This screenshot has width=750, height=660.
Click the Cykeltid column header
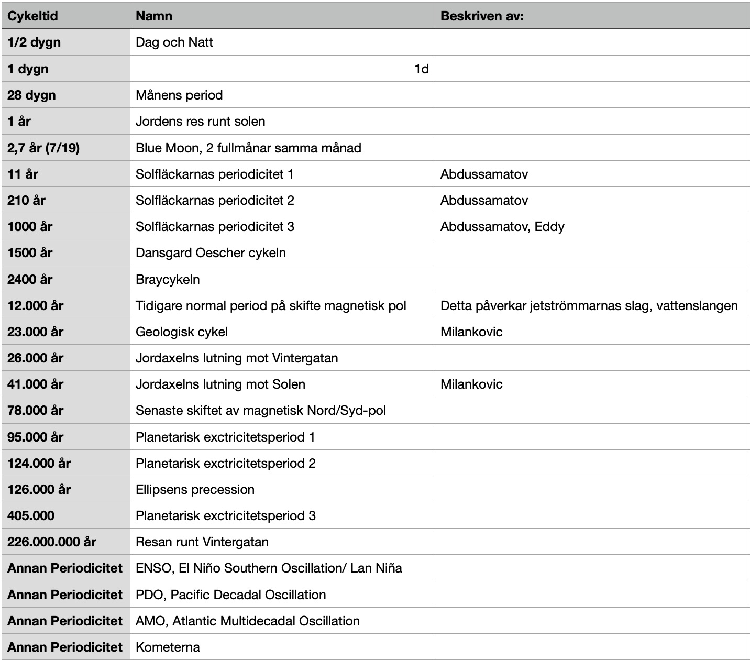32,16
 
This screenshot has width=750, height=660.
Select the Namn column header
154,16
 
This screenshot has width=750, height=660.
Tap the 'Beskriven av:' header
482,16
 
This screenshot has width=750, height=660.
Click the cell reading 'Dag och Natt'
174,42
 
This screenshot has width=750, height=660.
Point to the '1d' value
421,69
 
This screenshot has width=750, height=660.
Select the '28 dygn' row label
31,95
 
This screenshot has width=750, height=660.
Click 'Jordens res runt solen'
201,121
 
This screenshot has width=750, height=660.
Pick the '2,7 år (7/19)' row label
43,148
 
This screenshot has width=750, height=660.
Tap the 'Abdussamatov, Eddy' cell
502,226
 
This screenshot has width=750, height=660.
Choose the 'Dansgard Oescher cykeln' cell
211,252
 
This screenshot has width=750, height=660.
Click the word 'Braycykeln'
168,279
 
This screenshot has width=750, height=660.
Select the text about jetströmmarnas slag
589,305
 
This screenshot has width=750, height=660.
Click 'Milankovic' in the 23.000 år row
471,332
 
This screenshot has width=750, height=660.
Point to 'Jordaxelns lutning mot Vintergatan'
237,358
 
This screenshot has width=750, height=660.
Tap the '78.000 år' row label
35,410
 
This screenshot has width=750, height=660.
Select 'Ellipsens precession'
195,489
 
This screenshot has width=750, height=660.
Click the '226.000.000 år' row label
52,542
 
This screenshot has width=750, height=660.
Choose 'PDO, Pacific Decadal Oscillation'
230,595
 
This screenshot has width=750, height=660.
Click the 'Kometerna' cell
168,647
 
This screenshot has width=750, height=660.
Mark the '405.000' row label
31,515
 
